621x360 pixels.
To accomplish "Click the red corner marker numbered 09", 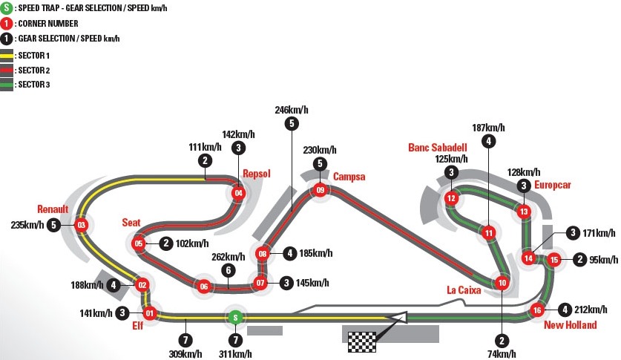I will (320, 191).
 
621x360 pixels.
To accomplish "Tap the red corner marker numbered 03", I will (82, 224).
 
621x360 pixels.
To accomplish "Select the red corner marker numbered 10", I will (502, 282).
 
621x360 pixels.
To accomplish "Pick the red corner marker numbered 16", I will (538, 310).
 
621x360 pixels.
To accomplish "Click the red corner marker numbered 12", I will (450, 198).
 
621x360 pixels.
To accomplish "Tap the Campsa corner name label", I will (349, 176).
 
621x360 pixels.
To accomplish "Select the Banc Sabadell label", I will (438, 147).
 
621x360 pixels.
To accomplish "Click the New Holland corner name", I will (570, 325).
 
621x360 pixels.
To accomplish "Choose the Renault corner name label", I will (53, 209).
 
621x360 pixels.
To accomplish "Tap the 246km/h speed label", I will (291, 110).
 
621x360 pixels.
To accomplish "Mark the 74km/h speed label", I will (502, 354).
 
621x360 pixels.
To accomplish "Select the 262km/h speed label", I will (228, 257).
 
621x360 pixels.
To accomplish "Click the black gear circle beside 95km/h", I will (579, 259).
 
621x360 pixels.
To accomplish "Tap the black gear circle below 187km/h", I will (488, 141).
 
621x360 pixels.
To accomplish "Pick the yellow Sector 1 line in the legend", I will (7, 56).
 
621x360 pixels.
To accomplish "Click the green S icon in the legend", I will (7, 8).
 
